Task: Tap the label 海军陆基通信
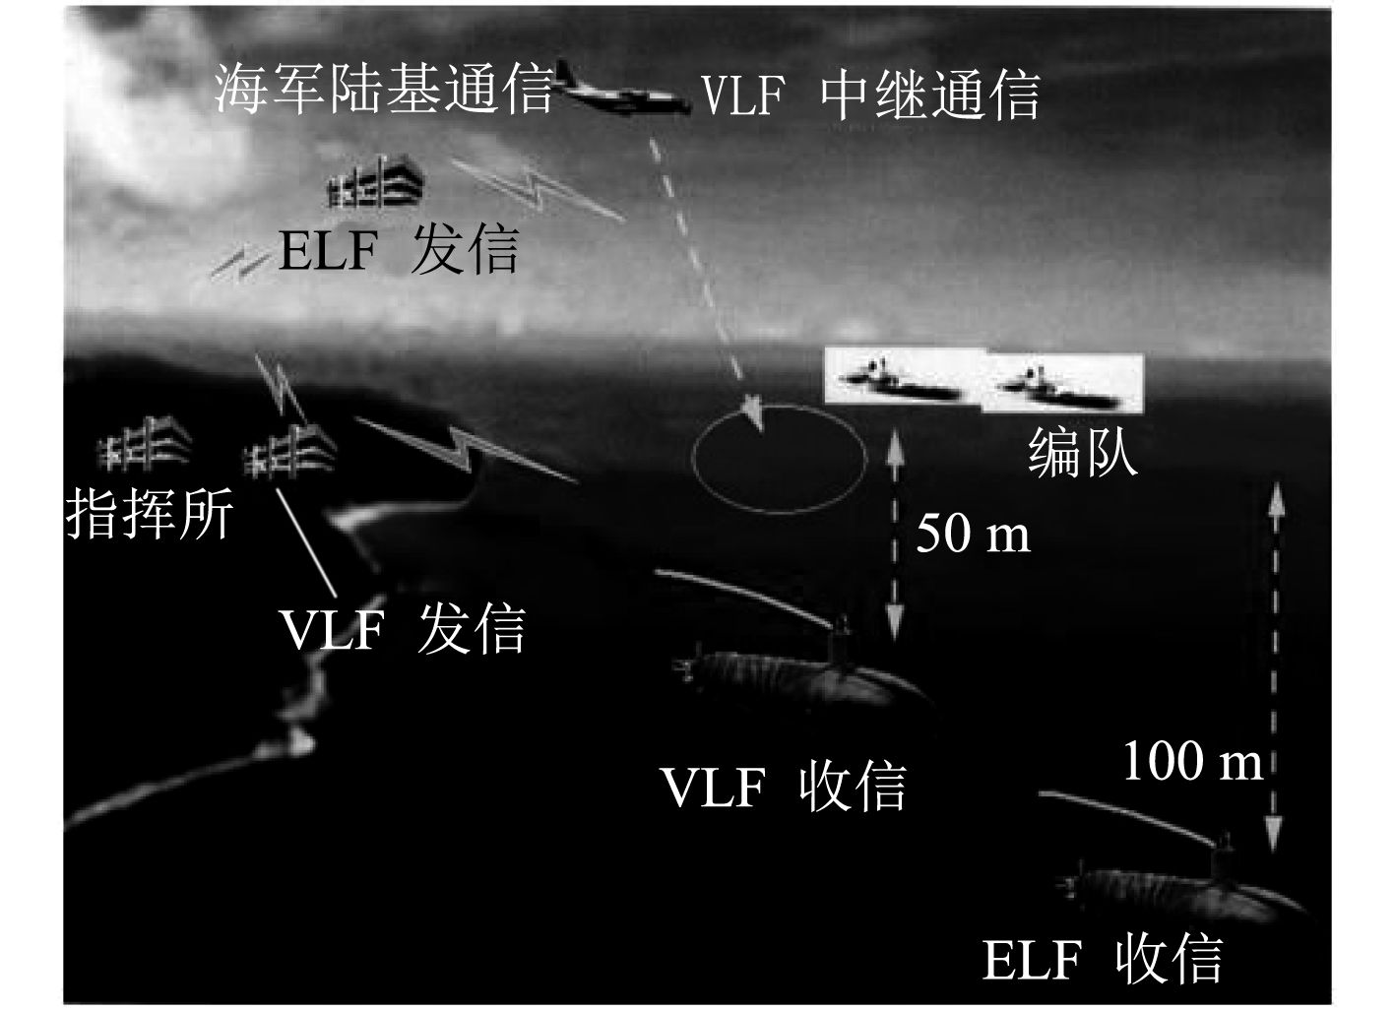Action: coord(384,91)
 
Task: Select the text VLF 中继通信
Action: coord(870,95)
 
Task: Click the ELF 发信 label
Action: coord(398,251)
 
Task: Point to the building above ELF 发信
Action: coord(376,184)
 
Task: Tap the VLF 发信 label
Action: coord(403,628)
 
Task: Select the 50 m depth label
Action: coord(973,535)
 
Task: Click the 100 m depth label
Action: coord(1192,761)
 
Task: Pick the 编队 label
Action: coord(1083,453)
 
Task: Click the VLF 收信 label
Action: coord(784,786)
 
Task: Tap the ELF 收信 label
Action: coord(1103,960)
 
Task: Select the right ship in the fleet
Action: coord(1058,383)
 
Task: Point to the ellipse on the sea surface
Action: coord(779,455)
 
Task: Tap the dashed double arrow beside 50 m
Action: coord(894,537)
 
